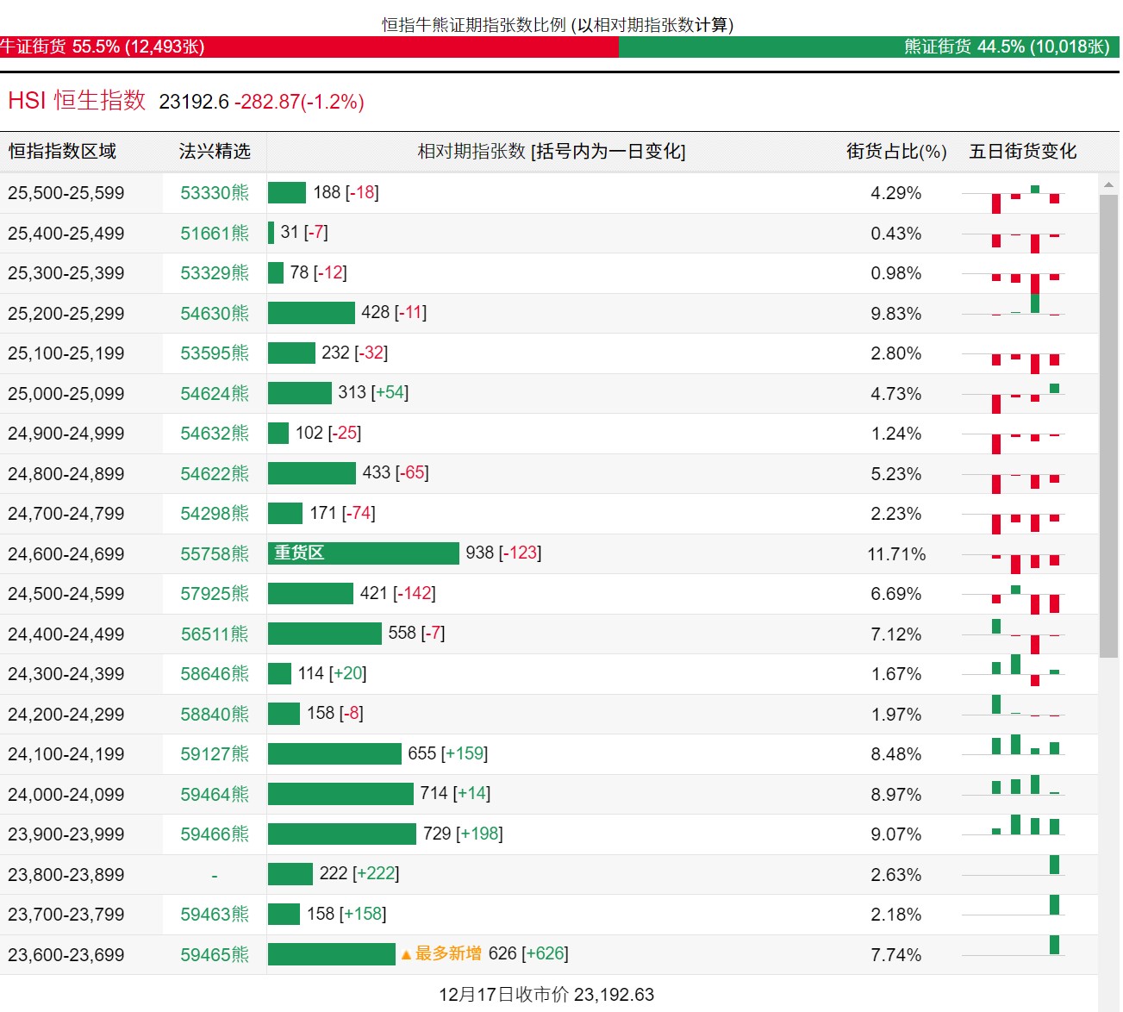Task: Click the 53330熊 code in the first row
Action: tap(215, 192)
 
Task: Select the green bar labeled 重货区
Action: tap(364, 553)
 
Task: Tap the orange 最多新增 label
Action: tap(448, 953)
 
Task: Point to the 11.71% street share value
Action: tap(896, 554)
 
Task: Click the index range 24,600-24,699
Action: tap(66, 554)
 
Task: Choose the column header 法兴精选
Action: tap(215, 151)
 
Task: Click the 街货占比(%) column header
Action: tap(896, 151)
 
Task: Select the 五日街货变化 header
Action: tap(1023, 151)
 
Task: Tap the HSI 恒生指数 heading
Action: tap(77, 101)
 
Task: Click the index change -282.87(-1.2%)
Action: tap(300, 102)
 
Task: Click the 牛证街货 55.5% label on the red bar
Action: tap(103, 47)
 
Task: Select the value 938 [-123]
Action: tap(503, 553)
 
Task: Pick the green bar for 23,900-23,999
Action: tap(342, 834)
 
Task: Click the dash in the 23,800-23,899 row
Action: tap(215, 875)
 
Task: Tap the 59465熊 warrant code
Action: tap(215, 954)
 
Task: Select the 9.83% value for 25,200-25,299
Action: tap(896, 314)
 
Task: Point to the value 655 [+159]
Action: tap(448, 753)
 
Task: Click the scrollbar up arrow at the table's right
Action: tap(1108, 184)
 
